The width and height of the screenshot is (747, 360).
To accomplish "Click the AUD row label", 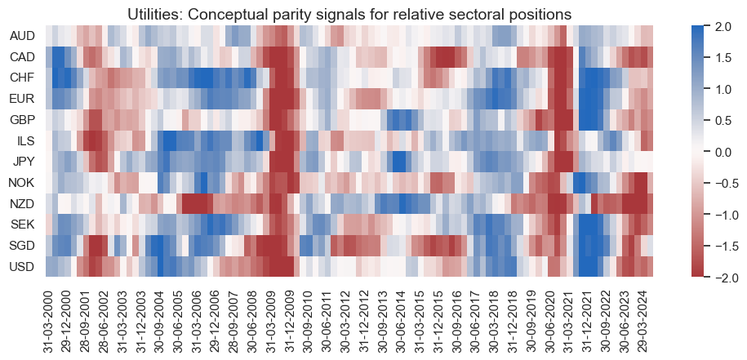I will [x=22, y=37].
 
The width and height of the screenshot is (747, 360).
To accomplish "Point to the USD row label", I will [x=22, y=267].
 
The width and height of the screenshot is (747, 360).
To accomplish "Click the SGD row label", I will [x=22, y=244].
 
